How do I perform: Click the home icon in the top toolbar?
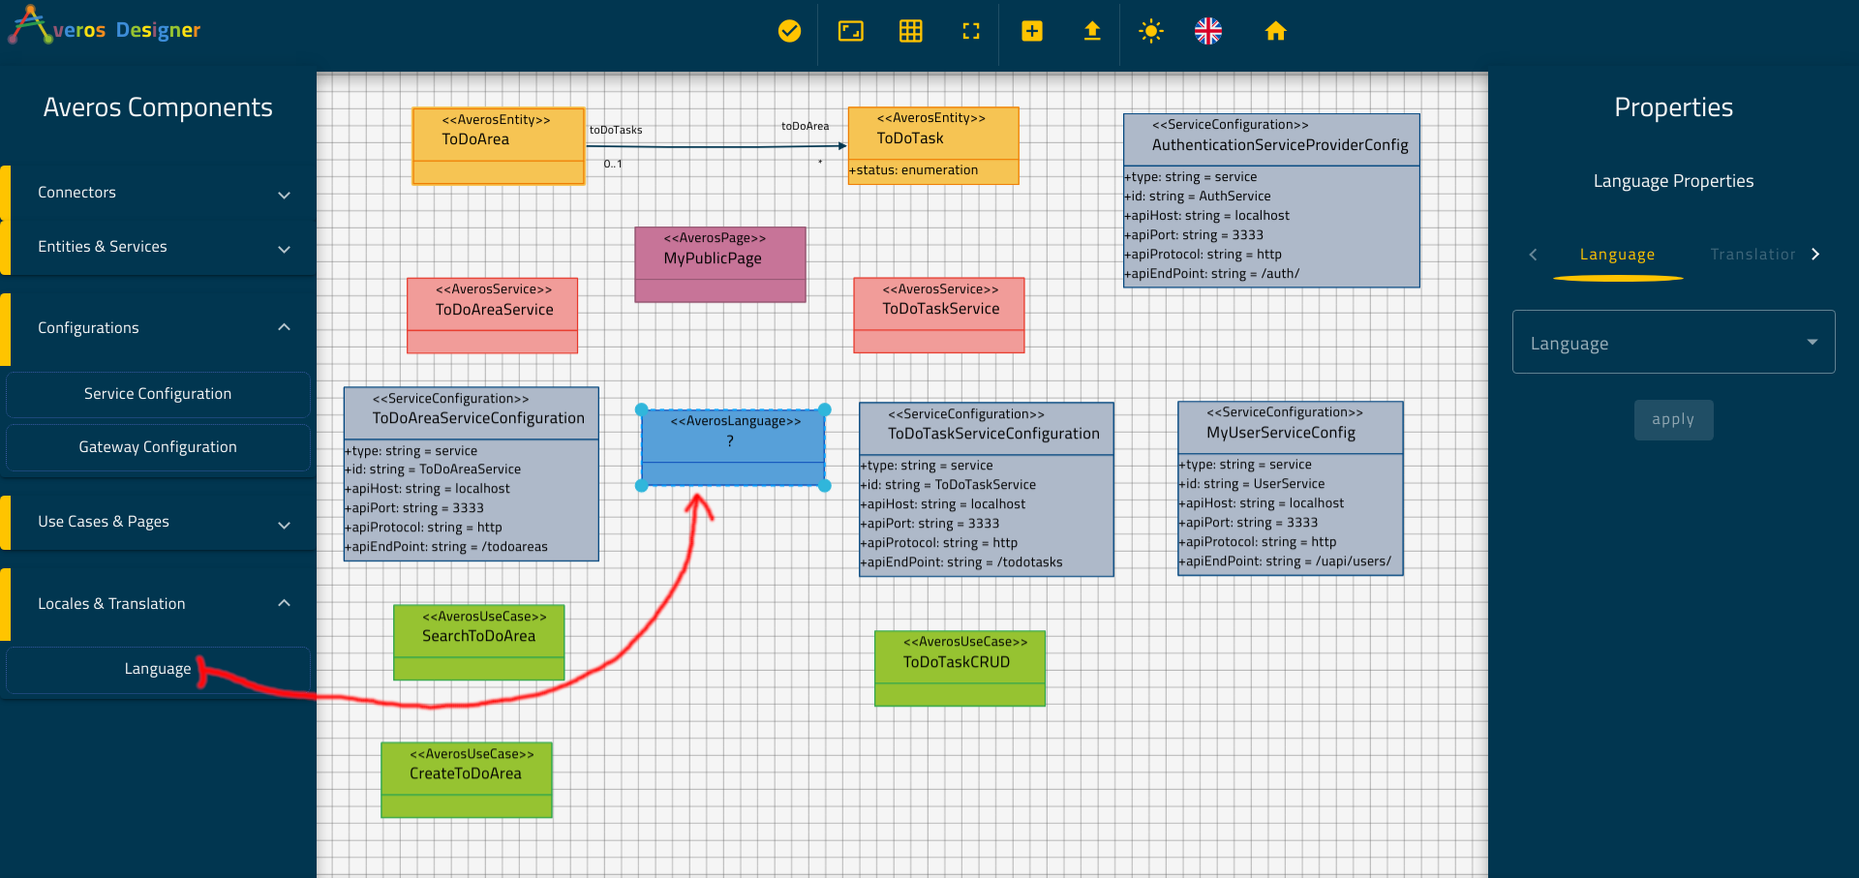coord(1275,31)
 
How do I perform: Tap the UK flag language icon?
coord(1208,31)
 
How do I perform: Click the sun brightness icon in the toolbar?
coord(1150,31)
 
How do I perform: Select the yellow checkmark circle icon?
coord(790,31)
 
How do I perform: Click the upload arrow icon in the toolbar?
coord(1092,31)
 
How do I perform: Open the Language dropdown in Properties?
coord(1673,342)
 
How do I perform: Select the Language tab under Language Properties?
coord(1617,255)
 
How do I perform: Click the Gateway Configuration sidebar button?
coord(158,447)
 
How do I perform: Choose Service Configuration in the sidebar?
coord(158,394)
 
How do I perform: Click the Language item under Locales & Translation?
coord(158,669)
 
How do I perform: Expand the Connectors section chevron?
coord(284,195)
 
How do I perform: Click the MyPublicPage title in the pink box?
coord(713,258)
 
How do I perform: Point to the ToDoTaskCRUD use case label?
coord(957,662)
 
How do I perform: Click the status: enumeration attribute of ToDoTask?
coord(914,170)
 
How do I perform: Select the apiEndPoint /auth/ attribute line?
coord(1212,274)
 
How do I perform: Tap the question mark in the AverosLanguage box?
coord(730,441)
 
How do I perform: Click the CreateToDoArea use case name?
coord(466,773)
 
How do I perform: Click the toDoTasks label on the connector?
coord(616,130)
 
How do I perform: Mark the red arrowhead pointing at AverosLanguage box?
coord(698,505)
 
